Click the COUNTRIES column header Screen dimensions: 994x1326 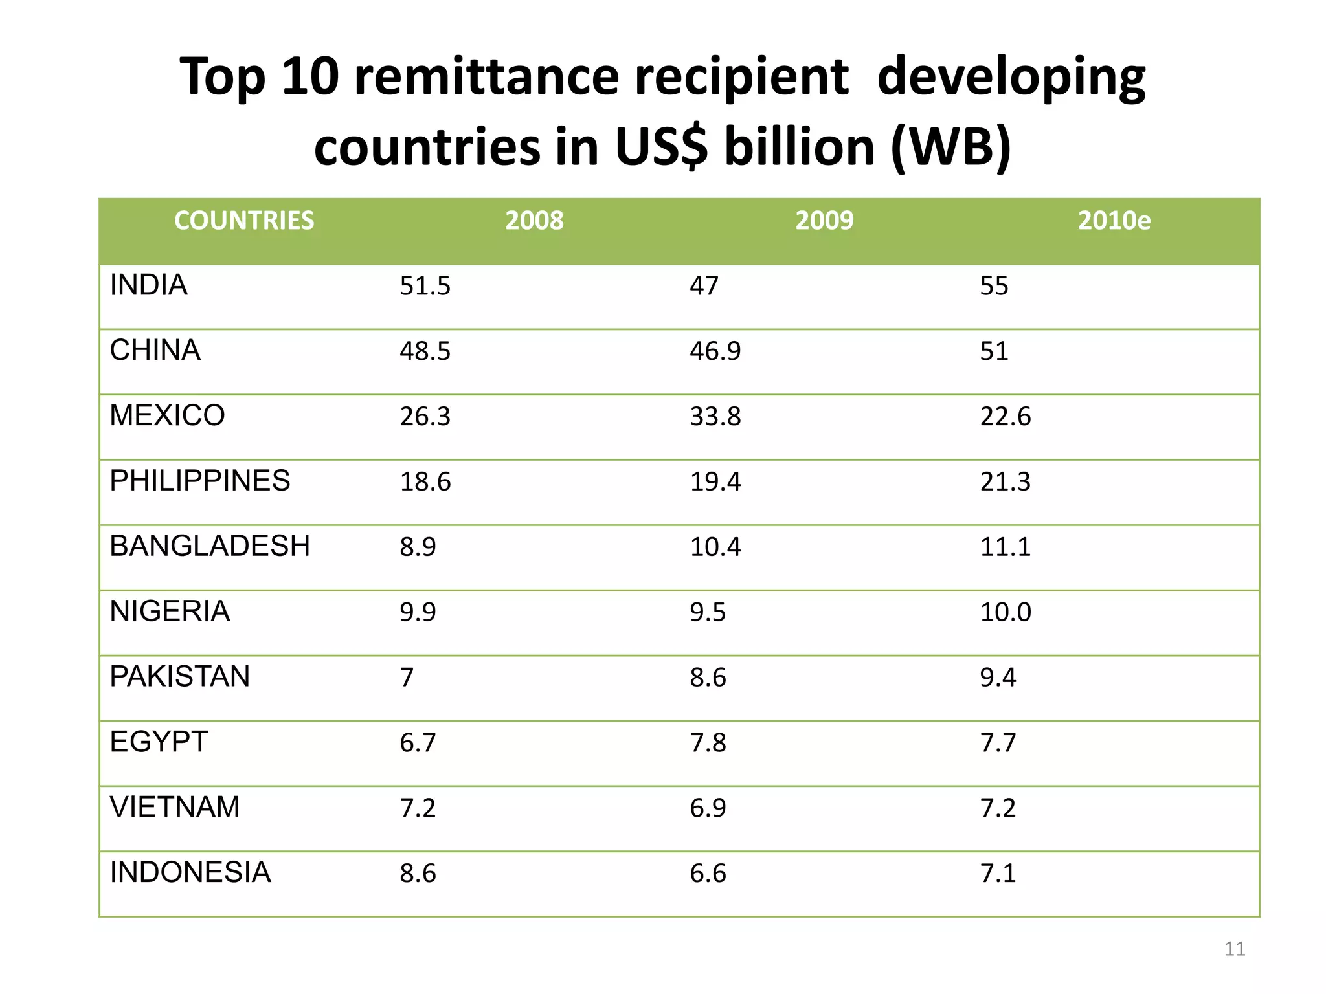tap(244, 221)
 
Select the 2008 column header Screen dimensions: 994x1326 tap(534, 221)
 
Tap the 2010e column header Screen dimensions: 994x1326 tap(1114, 221)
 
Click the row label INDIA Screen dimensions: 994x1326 tap(149, 285)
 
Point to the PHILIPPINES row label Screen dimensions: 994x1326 tap(200, 481)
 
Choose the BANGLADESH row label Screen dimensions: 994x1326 tap(210, 546)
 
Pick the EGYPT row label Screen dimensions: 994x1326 tap(159, 742)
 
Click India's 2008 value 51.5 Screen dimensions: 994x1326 tap(425, 286)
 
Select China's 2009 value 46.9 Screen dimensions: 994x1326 tap(715, 351)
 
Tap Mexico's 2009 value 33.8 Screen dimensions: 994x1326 tap(715, 416)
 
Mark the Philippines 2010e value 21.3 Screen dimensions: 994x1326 tap(1005, 481)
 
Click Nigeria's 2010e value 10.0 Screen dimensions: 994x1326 tap(1005, 612)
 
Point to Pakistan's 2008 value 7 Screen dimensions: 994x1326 tap(407, 678)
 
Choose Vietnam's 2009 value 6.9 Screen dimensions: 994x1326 tap(708, 808)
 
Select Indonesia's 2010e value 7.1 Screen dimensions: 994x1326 tap(998, 873)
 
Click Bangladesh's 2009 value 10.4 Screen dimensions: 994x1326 tap(715, 547)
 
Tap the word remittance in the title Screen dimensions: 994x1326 tap(486, 76)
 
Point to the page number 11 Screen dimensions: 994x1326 tap(1235, 949)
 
